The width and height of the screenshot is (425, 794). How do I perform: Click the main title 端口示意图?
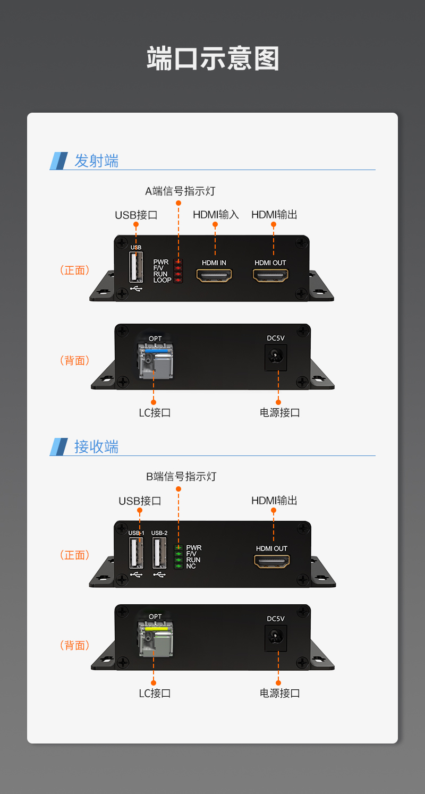212,58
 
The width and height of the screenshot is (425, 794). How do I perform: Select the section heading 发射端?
96,161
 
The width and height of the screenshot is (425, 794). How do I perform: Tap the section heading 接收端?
96,446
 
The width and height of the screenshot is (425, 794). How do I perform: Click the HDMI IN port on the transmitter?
215,275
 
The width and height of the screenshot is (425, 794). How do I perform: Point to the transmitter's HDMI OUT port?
270,275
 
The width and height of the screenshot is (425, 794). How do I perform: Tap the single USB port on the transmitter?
136,267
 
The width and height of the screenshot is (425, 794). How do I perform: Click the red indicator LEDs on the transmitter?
178,271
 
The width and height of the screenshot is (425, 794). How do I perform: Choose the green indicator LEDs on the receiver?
178,556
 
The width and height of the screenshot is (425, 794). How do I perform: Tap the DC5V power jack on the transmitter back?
276,357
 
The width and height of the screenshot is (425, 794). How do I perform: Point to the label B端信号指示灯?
181,477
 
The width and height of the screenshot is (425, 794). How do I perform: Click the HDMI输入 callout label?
216,215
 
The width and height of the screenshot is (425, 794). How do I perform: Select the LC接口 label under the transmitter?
155,412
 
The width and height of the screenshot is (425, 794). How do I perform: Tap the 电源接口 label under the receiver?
280,693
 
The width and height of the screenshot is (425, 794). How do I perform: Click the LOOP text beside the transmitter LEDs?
163,280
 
